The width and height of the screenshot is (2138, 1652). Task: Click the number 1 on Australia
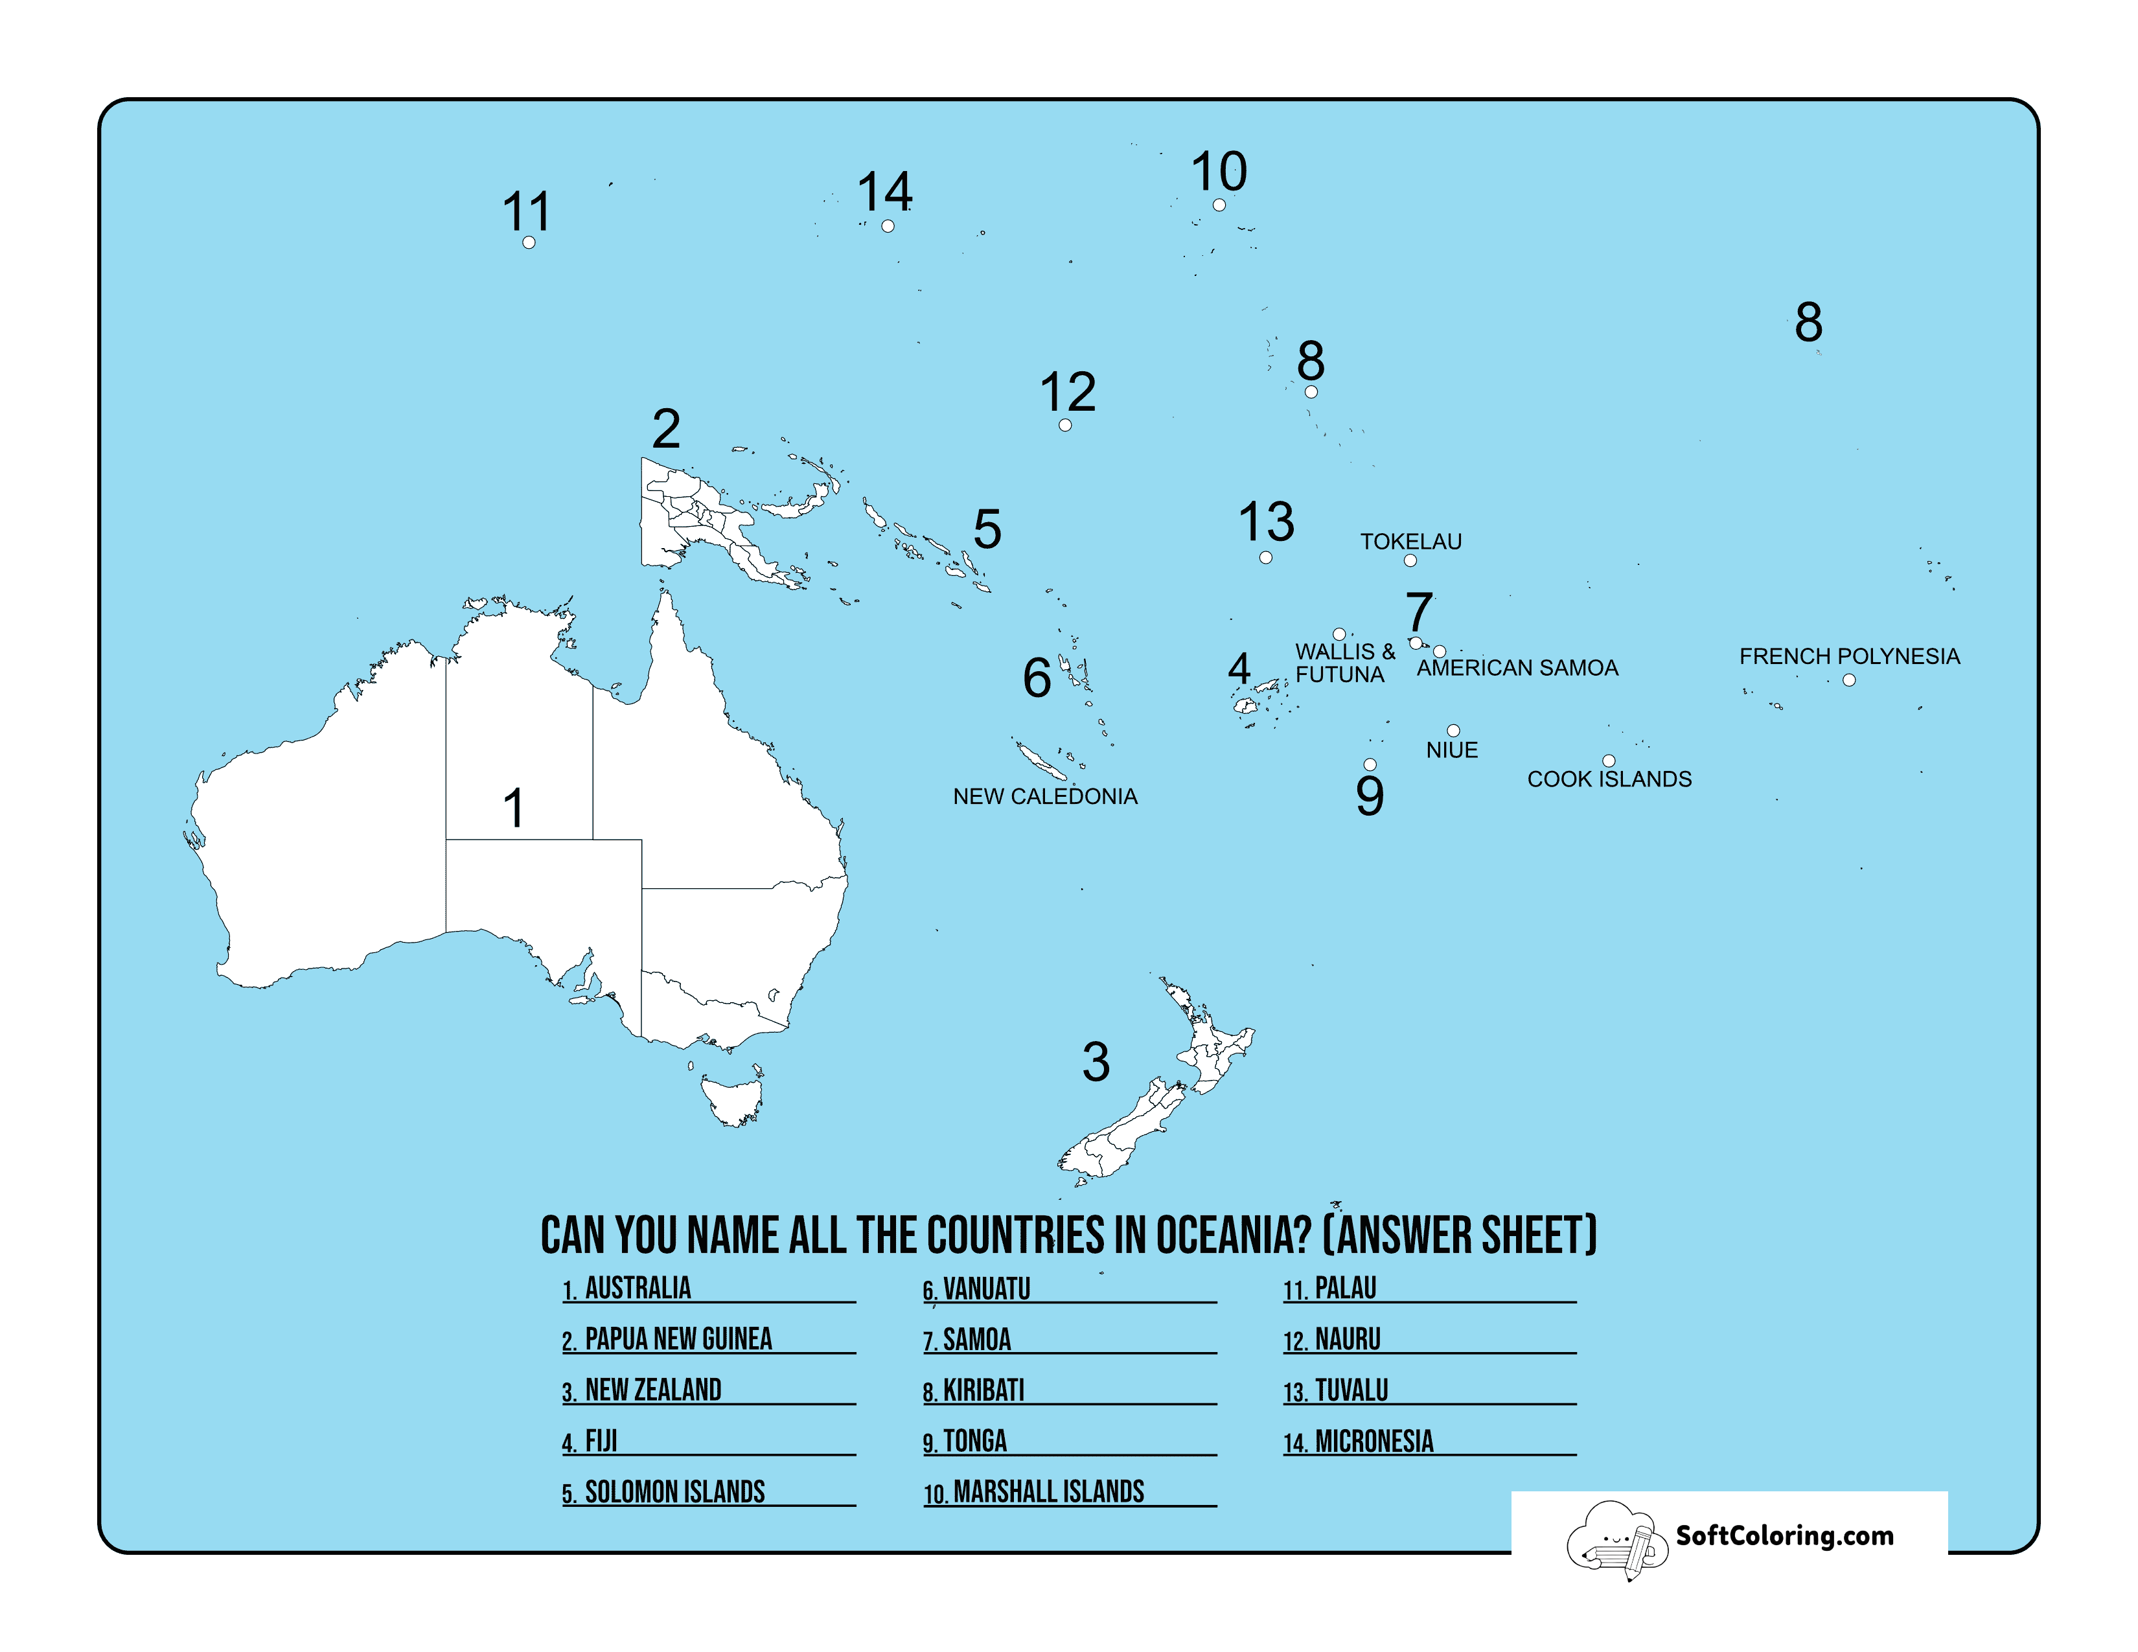513,809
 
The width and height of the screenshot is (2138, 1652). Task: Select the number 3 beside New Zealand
1096,1062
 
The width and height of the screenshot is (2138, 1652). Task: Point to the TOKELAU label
1410,541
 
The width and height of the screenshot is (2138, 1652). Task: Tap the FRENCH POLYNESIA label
1848,656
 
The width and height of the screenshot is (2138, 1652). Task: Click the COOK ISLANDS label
1609,779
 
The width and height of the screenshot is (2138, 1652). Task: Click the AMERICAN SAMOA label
1517,667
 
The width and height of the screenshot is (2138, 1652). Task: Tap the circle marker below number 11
529,243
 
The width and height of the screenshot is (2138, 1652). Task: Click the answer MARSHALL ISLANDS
1048,1491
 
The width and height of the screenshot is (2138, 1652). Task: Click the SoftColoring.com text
1784,1535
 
